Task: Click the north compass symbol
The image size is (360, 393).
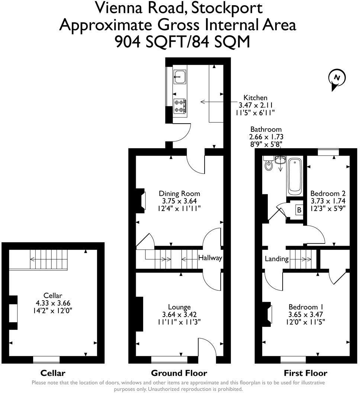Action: pos(337,79)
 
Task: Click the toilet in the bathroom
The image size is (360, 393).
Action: pos(268,165)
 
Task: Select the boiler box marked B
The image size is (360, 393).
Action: pos(299,210)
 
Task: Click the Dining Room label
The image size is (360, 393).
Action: pos(179,194)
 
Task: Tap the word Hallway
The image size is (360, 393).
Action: pos(210,258)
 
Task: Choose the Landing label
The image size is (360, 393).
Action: pos(277,259)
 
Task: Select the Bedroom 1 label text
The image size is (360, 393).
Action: pos(306,307)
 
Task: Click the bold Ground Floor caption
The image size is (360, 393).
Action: pos(179,373)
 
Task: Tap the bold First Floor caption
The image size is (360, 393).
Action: pos(305,373)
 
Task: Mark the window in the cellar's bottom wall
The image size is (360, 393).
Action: pos(46,360)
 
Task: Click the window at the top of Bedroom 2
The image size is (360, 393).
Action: pos(328,151)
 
